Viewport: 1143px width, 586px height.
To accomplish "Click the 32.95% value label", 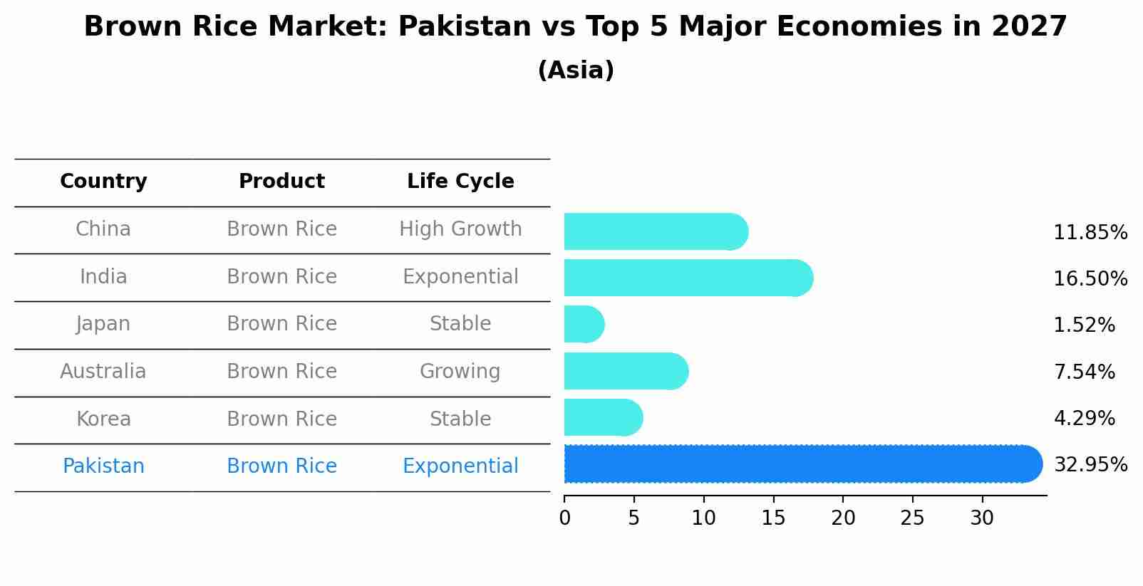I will (x=1090, y=465).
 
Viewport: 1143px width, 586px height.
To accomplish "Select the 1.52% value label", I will (x=1084, y=325).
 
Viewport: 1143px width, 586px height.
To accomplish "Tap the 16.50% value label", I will (x=1090, y=278).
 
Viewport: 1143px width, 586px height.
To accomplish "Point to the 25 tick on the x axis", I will (x=912, y=518).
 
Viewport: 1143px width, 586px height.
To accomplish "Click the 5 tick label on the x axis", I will (x=633, y=518).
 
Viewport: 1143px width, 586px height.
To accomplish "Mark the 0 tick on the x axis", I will (x=565, y=518).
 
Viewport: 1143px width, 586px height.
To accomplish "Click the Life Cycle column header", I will (x=460, y=182).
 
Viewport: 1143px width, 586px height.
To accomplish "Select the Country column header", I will (x=103, y=182).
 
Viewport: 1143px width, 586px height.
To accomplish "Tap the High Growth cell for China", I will (x=460, y=229).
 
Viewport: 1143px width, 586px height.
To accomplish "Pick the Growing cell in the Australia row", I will (x=460, y=372).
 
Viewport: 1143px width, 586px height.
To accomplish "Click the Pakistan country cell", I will (x=103, y=466).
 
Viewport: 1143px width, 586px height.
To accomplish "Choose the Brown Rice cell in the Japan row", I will (x=281, y=324).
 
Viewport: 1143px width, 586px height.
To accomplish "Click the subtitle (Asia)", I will (x=576, y=70).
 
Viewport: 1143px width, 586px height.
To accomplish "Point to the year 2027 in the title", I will (x=1029, y=27).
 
